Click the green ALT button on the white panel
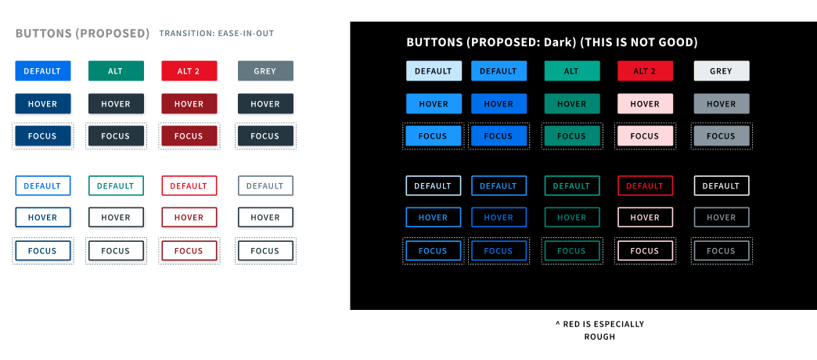(x=116, y=71)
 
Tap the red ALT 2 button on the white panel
(x=189, y=71)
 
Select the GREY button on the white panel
(x=265, y=71)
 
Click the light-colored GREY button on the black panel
(x=721, y=71)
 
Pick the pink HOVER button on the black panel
(x=645, y=103)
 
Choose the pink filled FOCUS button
(x=645, y=136)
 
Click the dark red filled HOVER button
(x=189, y=103)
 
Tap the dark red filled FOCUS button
(x=189, y=136)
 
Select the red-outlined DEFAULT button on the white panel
(x=189, y=185)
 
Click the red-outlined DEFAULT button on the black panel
(x=645, y=185)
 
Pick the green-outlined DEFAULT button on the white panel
(x=116, y=185)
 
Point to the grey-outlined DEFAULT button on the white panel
(x=265, y=185)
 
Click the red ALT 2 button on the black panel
(x=645, y=71)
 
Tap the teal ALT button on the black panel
(x=571, y=71)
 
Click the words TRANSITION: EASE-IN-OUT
(x=217, y=34)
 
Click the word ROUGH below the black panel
(x=599, y=337)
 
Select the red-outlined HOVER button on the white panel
(x=189, y=218)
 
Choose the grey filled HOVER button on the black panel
(x=721, y=103)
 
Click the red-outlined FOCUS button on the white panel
(x=189, y=250)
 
